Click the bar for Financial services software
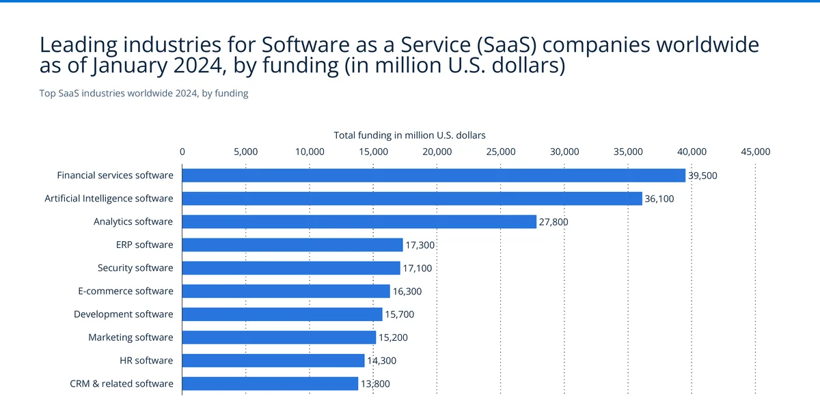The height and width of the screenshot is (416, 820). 434,176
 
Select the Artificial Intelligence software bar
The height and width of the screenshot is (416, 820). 412,199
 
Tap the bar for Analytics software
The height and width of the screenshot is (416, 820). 359,221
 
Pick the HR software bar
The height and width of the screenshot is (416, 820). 273,361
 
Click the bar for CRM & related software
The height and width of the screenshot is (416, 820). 271,384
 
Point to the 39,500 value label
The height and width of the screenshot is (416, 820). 702,176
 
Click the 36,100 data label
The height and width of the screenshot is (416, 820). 659,199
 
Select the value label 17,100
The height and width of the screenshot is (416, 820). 417,268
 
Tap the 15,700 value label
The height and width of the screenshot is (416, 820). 399,314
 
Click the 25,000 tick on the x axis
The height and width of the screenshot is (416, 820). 501,152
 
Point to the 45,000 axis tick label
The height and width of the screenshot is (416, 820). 755,152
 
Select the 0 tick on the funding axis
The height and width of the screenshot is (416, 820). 182,152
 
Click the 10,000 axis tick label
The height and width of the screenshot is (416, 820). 310,152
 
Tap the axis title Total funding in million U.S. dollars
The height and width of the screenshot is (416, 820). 409,135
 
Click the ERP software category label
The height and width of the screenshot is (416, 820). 144,245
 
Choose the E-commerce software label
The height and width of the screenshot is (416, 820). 126,291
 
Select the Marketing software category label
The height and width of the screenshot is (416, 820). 131,337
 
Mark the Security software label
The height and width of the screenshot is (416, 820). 135,268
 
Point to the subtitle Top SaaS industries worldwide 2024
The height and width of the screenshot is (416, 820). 143,94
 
